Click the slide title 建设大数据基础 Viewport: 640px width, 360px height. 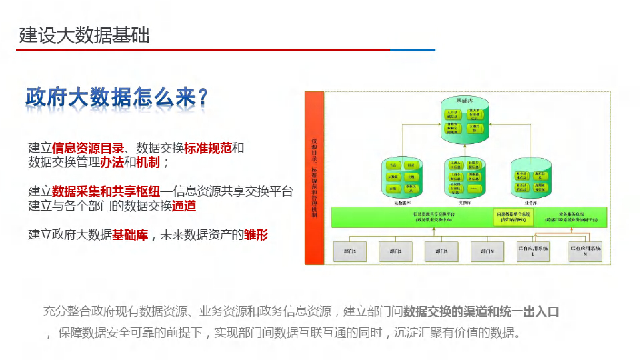click(x=84, y=35)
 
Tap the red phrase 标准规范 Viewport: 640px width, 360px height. click(x=208, y=148)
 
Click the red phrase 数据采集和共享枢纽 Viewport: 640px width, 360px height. click(x=106, y=191)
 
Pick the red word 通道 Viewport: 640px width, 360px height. click(x=184, y=206)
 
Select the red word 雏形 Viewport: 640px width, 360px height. click(x=256, y=235)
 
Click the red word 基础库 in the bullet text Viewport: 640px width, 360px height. click(x=130, y=235)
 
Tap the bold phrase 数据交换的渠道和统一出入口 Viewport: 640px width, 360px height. click(x=481, y=311)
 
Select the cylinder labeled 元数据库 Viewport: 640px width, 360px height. click(x=401, y=179)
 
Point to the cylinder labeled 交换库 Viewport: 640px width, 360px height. click(x=464, y=179)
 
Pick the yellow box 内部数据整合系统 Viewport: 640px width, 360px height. click(x=514, y=216)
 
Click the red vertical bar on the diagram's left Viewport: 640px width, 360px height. click(x=314, y=177)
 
